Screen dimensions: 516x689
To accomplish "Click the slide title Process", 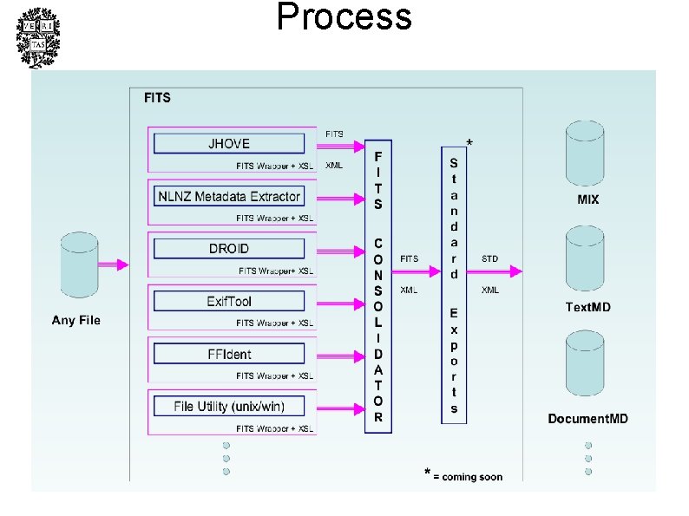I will [344, 17].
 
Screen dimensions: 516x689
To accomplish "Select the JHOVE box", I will [229, 143].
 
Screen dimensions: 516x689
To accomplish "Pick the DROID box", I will [229, 248].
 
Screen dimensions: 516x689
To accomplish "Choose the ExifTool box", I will [229, 301].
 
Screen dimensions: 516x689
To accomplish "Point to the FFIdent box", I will [229, 353].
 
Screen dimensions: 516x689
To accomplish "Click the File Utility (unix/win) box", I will [229, 406].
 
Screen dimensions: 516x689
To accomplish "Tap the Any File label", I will [76, 321].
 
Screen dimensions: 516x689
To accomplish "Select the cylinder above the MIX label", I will [587, 156].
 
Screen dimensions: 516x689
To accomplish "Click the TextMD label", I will [587, 307].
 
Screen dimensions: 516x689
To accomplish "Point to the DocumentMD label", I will [587, 419].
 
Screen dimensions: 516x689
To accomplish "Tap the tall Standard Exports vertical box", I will [453, 284].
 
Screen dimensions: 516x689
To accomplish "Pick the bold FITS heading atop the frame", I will [158, 98].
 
